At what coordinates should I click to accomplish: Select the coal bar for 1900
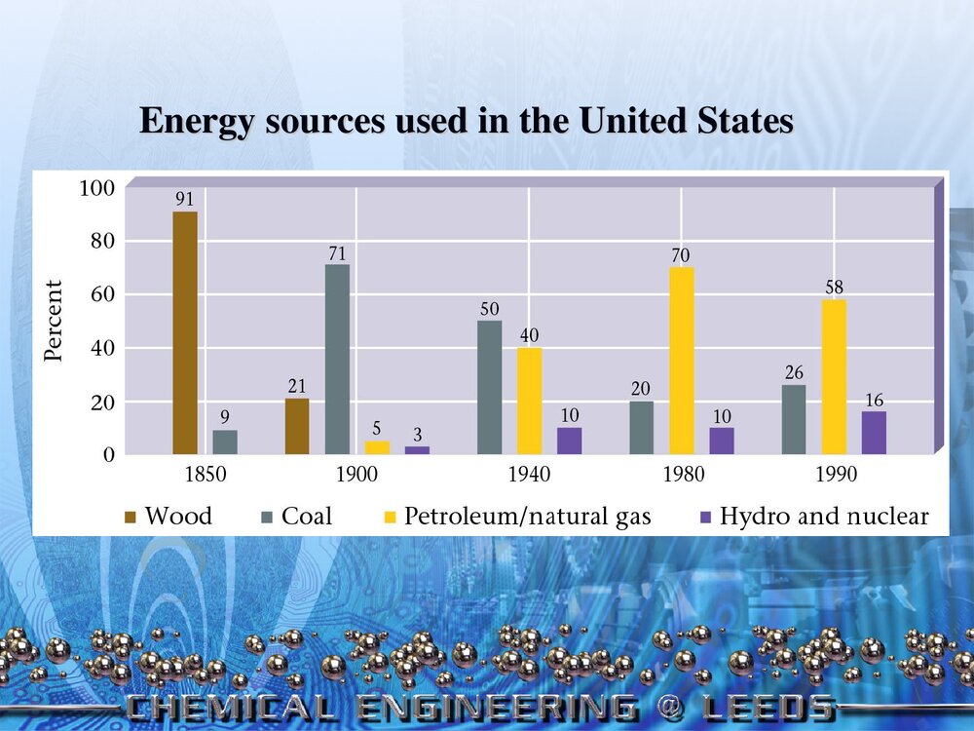point(337,360)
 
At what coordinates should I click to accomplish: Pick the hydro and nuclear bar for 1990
point(874,433)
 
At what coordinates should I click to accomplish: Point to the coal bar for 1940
point(490,388)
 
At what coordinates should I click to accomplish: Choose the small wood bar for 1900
point(297,427)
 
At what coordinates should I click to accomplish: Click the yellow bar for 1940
point(529,401)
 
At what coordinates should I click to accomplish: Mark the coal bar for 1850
point(225,442)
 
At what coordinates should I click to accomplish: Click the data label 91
point(185,199)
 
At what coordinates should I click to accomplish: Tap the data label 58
point(834,288)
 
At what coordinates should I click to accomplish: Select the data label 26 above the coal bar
point(794,372)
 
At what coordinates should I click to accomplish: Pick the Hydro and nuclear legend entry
point(814,516)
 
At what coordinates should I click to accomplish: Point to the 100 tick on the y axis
point(96,187)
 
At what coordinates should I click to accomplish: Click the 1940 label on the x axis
point(529,476)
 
